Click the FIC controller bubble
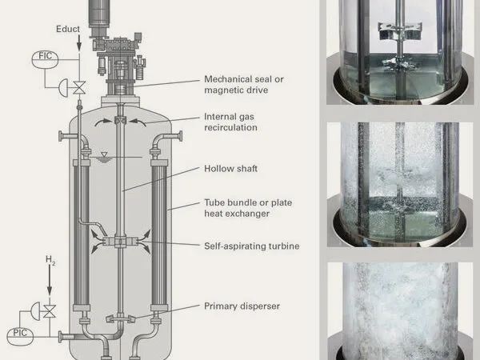45,59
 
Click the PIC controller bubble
20,337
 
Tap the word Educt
68,29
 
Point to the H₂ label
50,260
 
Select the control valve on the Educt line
79,88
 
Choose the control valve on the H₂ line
50,311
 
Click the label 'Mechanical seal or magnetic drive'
244,85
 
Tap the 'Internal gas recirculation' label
231,122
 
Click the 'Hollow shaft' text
231,169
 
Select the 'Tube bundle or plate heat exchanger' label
248,208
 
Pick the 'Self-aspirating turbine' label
252,246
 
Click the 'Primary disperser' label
242,306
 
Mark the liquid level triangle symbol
104,154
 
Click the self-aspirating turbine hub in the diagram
120,242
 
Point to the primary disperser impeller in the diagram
121,318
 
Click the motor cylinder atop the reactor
99,14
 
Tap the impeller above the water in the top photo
400,31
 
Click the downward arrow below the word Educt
79,43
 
